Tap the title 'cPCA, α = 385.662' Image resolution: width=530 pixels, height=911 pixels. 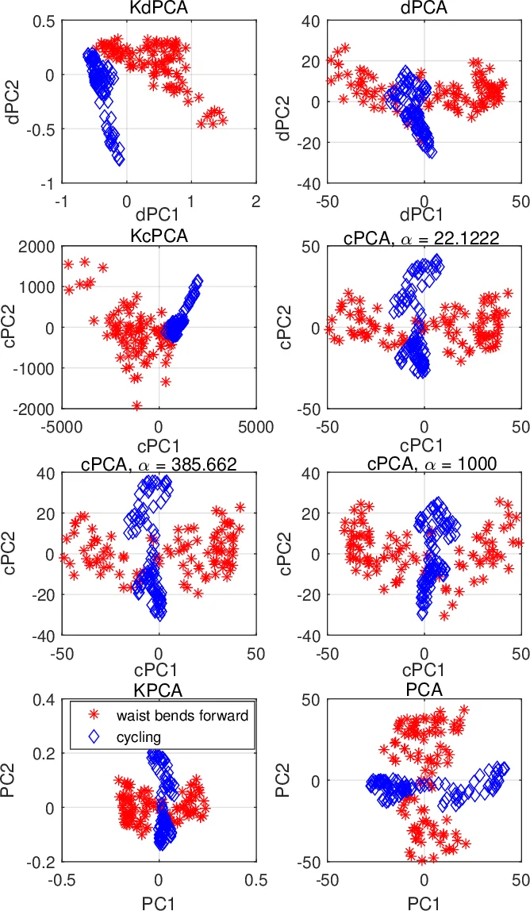[x=159, y=463]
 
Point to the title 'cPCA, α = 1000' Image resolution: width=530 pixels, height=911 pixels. [x=424, y=463]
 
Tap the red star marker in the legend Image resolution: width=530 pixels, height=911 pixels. [x=93, y=716]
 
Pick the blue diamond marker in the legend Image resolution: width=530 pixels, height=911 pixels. [x=93, y=736]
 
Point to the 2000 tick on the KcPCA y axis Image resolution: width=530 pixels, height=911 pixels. [x=35, y=246]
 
